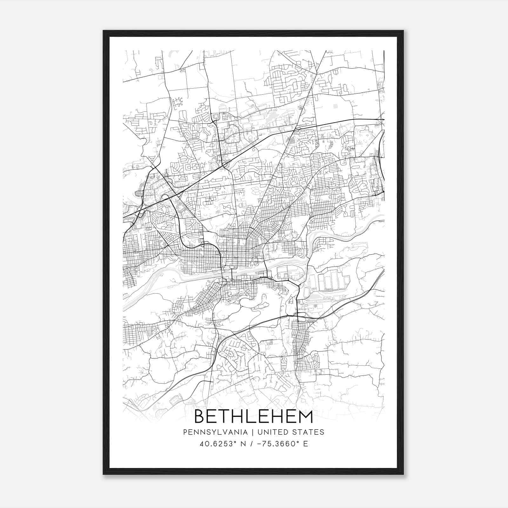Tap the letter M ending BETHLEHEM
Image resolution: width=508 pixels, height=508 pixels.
[305, 417]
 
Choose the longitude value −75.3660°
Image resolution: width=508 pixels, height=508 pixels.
[277, 444]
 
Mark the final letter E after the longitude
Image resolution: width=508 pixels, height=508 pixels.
[305, 444]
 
